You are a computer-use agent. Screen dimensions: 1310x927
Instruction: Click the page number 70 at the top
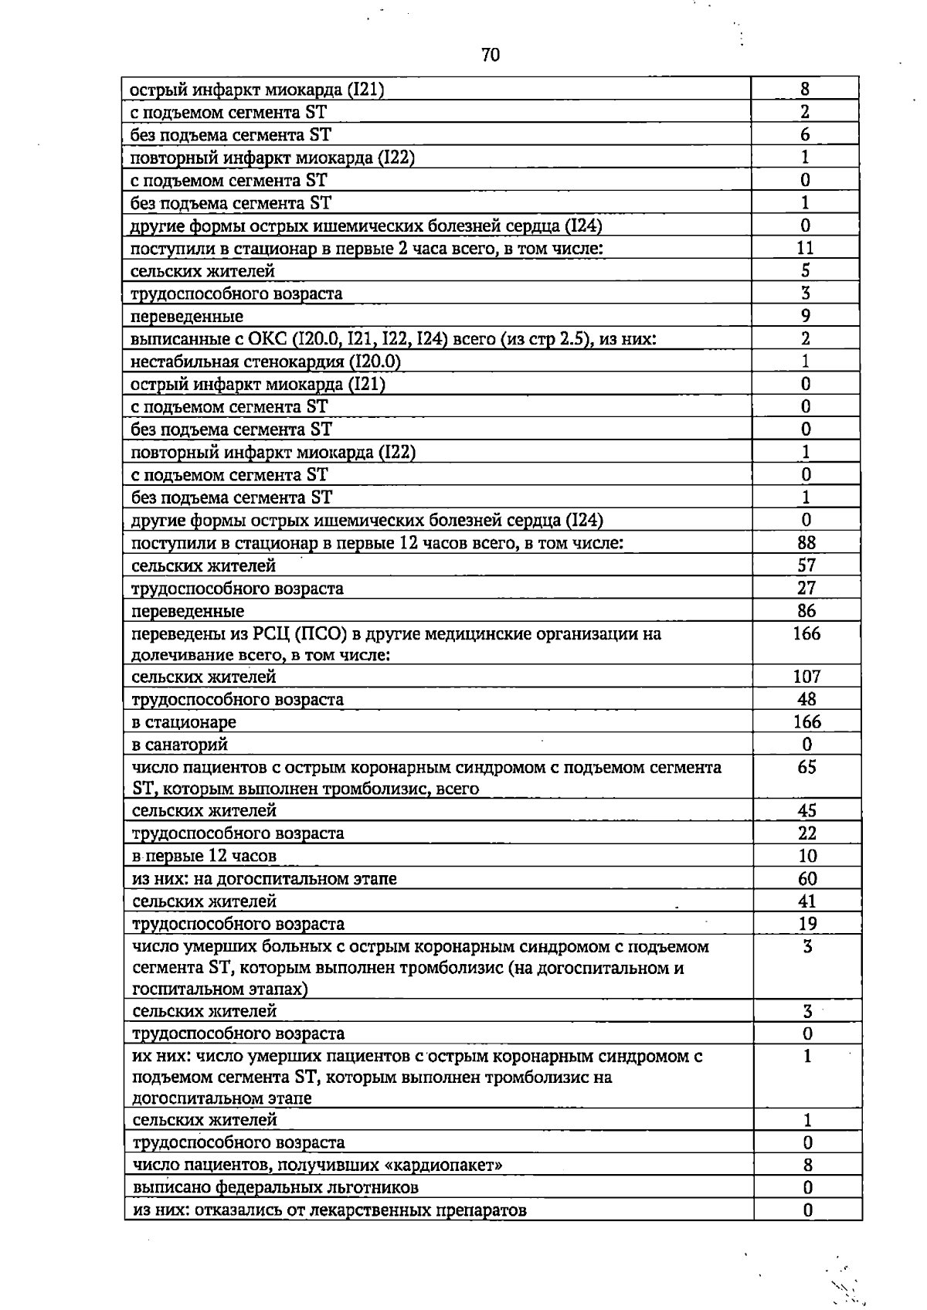490,55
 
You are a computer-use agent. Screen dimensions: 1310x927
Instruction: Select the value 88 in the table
806,543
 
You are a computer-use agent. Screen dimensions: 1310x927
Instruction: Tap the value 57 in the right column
806,565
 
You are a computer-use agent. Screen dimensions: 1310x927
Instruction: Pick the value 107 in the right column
806,677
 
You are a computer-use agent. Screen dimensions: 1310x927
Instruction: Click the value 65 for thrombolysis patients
806,767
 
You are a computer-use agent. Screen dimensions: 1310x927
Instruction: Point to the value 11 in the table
805,248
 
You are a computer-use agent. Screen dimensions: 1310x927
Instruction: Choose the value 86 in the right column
806,611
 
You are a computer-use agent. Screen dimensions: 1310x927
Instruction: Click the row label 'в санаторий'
180,745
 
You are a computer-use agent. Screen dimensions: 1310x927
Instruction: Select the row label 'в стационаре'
184,722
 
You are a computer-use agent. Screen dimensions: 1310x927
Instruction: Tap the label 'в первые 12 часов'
204,856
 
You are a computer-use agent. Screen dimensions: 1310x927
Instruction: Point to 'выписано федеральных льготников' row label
276,1187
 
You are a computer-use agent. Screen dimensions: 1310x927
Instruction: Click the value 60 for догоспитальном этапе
806,878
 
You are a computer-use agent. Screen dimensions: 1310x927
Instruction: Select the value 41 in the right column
806,901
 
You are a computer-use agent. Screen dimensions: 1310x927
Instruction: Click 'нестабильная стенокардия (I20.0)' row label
266,361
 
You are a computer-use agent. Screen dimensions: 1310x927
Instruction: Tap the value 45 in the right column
806,810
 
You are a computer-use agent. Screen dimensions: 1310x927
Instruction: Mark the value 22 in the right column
806,833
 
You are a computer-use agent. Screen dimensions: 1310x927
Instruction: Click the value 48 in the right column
806,699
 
